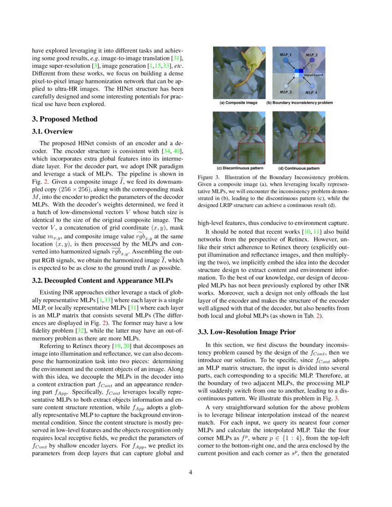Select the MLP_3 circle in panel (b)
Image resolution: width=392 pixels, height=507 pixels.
[286, 86]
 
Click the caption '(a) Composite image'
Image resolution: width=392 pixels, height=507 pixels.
[238, 103]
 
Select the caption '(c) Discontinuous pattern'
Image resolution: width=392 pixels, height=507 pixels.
[240, 168]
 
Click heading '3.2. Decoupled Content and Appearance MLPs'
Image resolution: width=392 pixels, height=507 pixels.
[101, 281]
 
